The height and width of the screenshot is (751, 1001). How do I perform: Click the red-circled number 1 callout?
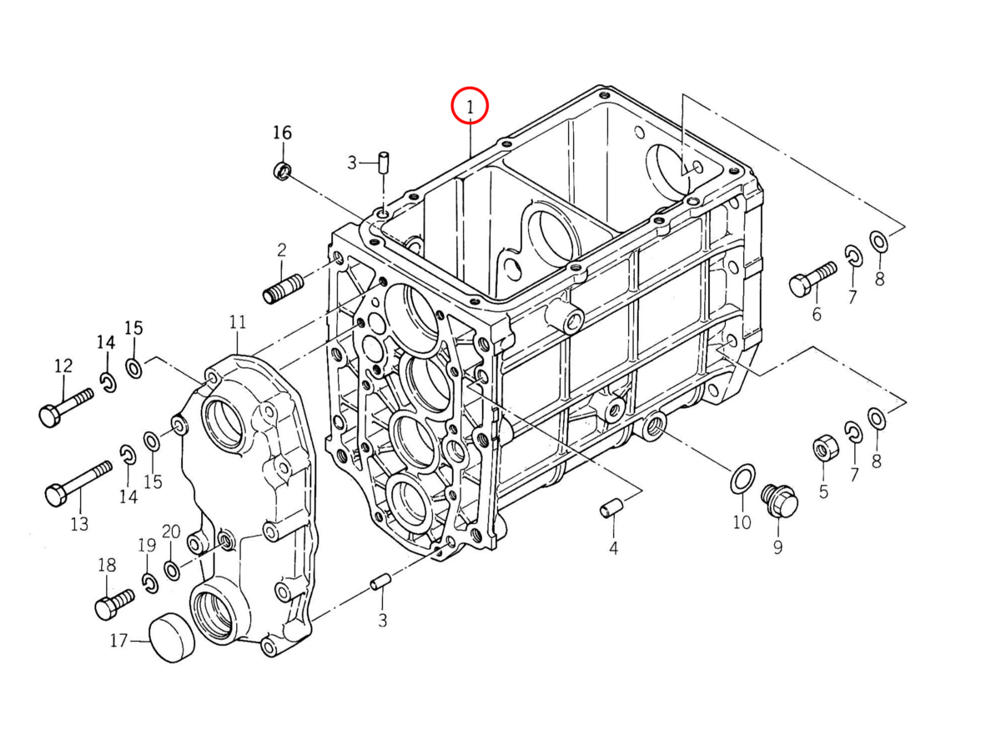(469, 106)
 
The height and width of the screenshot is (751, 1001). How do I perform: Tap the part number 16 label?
(283, 133)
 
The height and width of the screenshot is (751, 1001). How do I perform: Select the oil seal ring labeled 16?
(283, 172)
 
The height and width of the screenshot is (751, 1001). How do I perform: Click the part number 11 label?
(238, 321)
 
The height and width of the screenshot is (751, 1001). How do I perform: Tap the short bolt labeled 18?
(113, 602)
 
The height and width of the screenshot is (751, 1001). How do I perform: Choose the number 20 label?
(171, 532)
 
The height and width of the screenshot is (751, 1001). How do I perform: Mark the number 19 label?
(147, 546)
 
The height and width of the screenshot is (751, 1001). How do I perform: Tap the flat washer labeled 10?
(742, 480)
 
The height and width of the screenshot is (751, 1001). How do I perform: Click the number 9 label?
(777, 547)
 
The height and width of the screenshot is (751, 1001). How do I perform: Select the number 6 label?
(817, 314)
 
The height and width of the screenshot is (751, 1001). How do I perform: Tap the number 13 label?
(79, 524)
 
